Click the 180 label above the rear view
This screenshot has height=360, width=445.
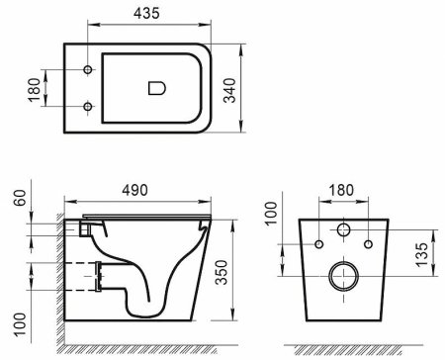[342, 190]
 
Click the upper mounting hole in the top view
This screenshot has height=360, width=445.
[88, 70]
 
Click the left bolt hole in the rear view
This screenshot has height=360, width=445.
[318, 244]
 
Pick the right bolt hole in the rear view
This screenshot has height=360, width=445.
[367, 244]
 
